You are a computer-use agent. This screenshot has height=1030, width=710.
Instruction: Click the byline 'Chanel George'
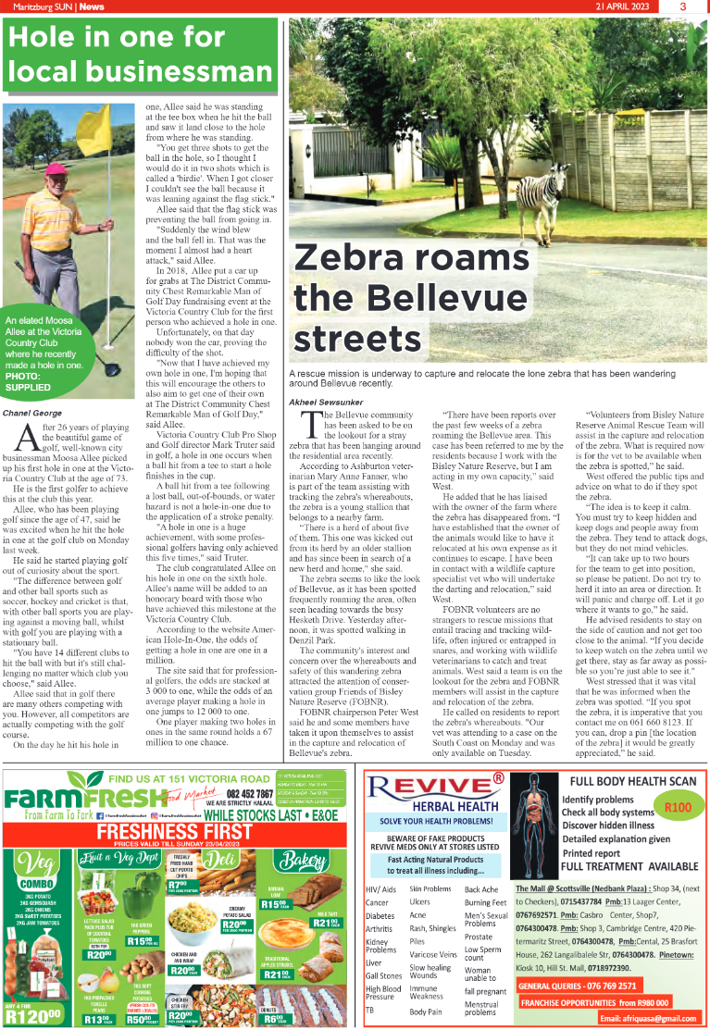point(34,411)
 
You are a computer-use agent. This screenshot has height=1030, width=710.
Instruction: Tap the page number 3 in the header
point(682,6)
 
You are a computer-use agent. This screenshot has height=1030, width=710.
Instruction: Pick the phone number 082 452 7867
point(242,793)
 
